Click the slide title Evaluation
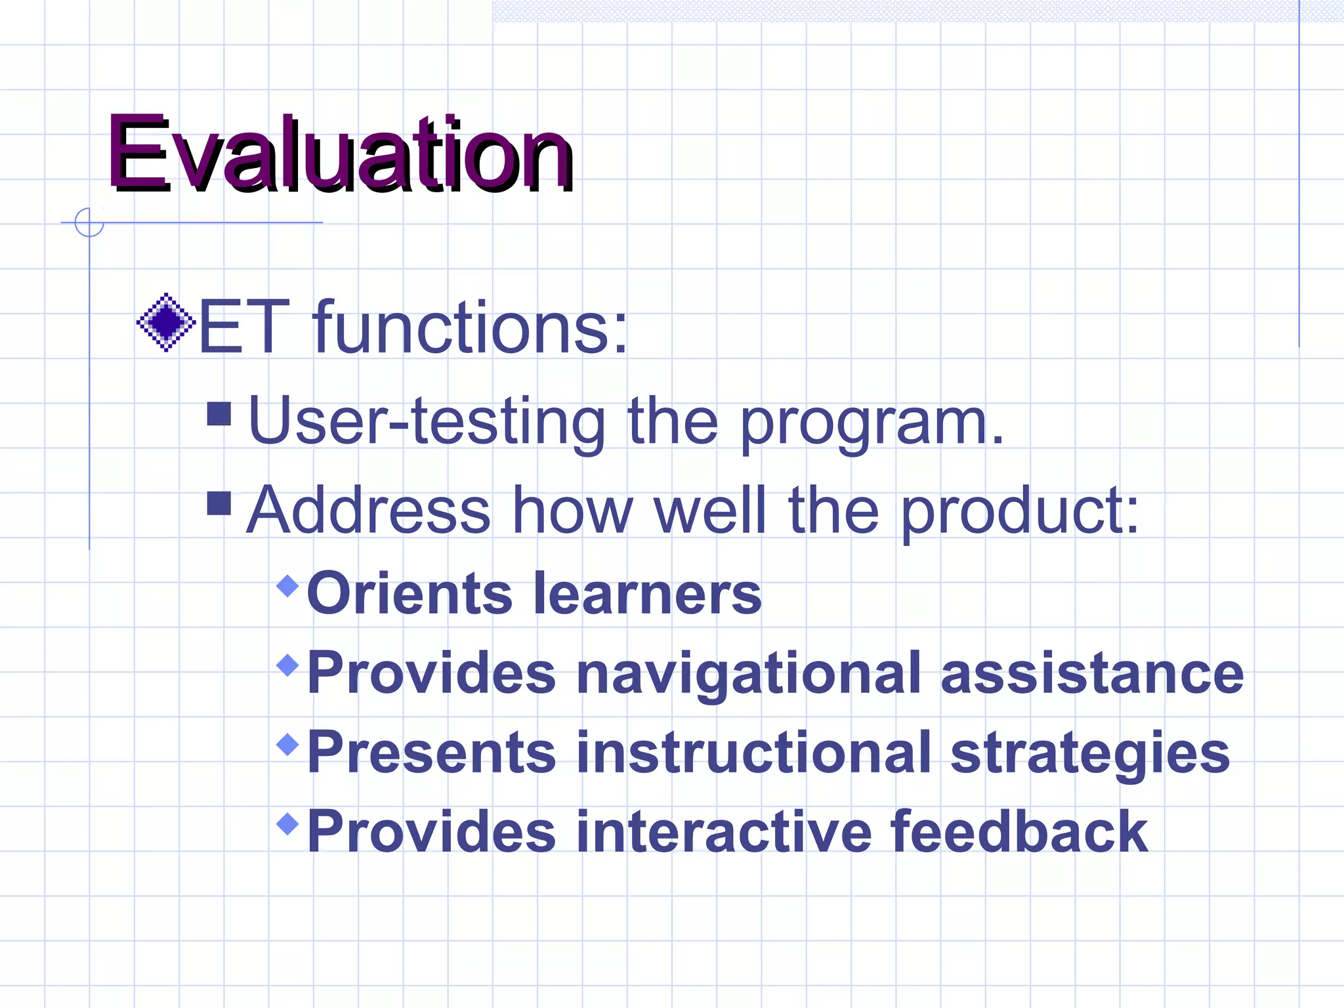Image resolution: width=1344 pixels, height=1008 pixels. pos(340,154)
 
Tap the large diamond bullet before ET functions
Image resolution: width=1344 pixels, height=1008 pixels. pos(166,322)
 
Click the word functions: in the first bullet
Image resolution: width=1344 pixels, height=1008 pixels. pos(470,327)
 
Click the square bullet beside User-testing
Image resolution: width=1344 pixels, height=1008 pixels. pos(219,414)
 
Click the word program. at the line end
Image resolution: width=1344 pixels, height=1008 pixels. pos(872,423)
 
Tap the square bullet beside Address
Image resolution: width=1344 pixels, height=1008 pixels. pos(219,503)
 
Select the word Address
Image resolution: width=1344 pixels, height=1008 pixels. pos(368,511)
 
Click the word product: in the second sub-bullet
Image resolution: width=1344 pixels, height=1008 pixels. pos(1019,512)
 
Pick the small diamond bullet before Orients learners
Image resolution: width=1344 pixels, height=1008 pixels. pos(288,585)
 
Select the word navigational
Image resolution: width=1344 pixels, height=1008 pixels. pos(748,674)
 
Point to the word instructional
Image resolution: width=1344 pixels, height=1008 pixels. pos(753,752)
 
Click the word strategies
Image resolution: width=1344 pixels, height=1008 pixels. pos(1090,753)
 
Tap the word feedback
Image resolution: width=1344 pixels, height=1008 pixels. pos(1019,831)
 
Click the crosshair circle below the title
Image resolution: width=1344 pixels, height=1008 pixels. pos(89,222)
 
